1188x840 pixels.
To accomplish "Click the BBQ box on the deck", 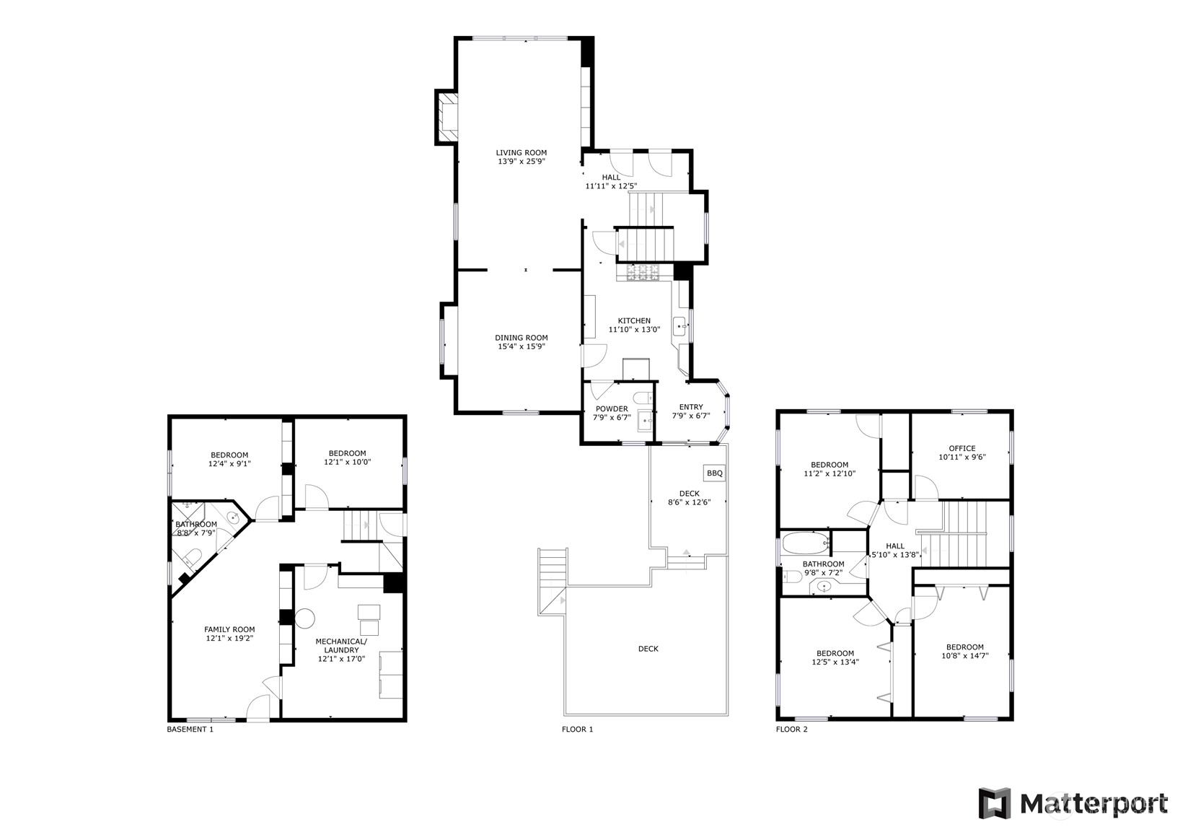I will tap(714, 473).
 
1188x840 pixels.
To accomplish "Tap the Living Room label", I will tap(521, 153).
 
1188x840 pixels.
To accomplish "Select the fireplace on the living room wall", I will tap(446, 115).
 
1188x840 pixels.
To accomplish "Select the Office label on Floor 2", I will tap(962, 448).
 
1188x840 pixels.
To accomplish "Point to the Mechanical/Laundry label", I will tap(341, 645).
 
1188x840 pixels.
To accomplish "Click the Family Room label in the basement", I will tap(229, 629).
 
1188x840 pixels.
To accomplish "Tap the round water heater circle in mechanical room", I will tap(304, 618).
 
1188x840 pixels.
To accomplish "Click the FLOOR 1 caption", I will tap(577, 730).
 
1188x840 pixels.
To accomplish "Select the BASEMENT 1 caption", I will tap(190, 730).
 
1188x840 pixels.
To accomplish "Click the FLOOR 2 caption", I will tap(791, 730).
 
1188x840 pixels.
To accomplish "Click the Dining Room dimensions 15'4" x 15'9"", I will tap(521, 346).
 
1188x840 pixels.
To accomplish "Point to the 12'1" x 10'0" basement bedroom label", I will tap(347, 462).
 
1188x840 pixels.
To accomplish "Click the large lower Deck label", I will tap(648, 649).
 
